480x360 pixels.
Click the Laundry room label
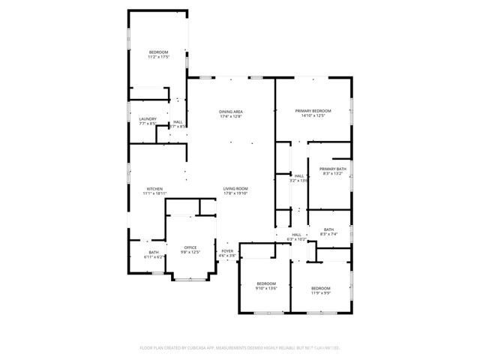tap(148, 118)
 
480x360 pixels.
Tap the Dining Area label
tap(231, 112)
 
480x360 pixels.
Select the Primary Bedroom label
tap(313, 111)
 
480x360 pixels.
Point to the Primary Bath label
tap(332, 169)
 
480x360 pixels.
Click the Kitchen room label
tap(154, 188)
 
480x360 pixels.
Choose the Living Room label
tap(235, 188)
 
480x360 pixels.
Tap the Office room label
tap(190, 247)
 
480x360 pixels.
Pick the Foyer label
tap(227, 250)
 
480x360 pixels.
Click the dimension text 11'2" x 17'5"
tap(158, 57)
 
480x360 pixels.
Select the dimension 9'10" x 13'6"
tap(266, 288)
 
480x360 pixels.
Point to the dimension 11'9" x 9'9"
tap(320, 293)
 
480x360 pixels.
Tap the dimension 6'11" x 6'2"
tap(154, 257)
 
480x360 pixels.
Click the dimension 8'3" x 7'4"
tap(329, 235)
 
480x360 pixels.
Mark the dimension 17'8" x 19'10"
tap(235, 193)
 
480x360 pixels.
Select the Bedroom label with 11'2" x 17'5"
tap(158, 52)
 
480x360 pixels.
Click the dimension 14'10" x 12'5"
tap(313, 116)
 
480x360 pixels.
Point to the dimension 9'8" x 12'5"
tap(190, 252)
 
